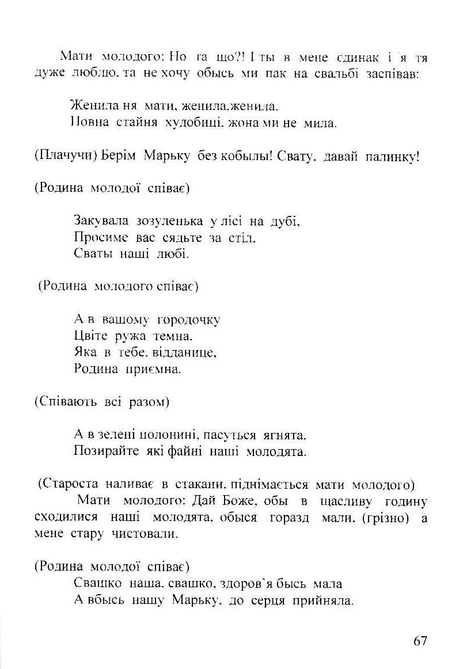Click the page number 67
coord(420,641)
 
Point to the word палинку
coord(392,157)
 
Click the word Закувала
coord(102,221)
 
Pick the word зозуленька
coord(168,221)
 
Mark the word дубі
coord(285,221)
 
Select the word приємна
coord(153,368)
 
